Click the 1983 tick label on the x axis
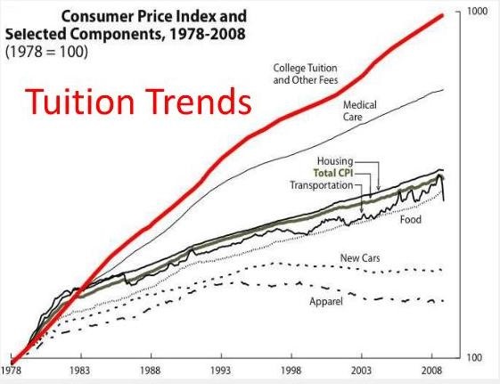pyautogui.click(x=81, y=366)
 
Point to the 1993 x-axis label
pyautogui.click(x=221, y=366)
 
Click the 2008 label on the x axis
pyautogui.click(x=432, y=366)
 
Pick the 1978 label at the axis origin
pyautogui.click(x=12, y=366)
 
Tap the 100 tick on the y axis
pyautogui.click(x=476, y=356)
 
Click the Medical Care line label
pyautogui.click(x=360, y=110)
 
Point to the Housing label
pyautogui.click(x=336, y=161)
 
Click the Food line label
pyautogui.click(x=410, y=219)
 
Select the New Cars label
pyautogui.click(x=360, y=257)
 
